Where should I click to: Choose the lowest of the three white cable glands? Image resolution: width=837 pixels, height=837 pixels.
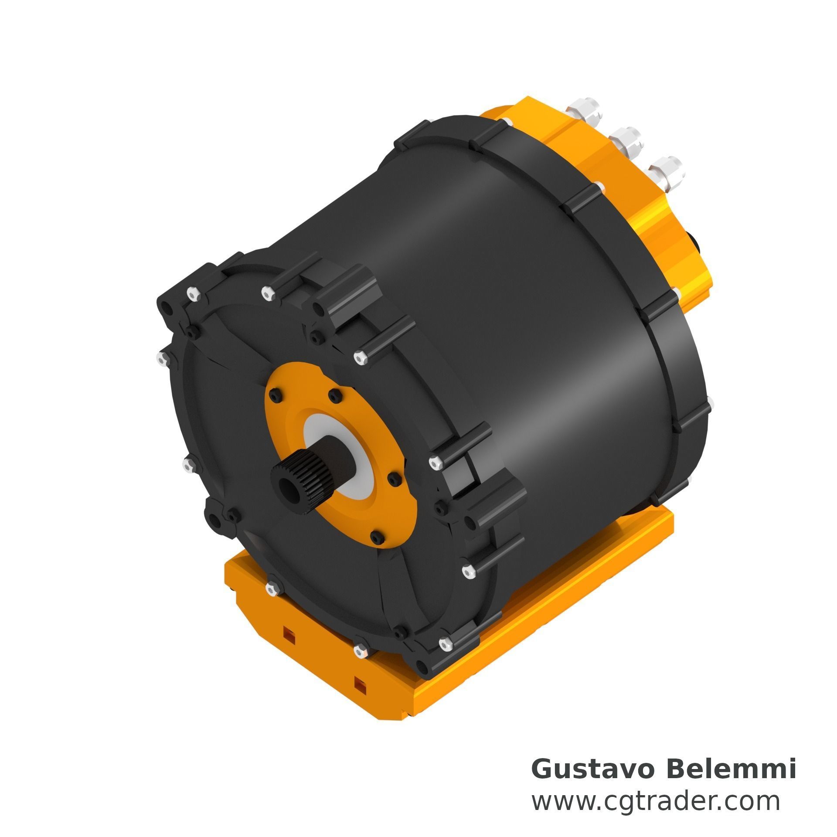(x=666, y=174)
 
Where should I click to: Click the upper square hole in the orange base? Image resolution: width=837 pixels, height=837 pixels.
(x=289, y=643)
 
